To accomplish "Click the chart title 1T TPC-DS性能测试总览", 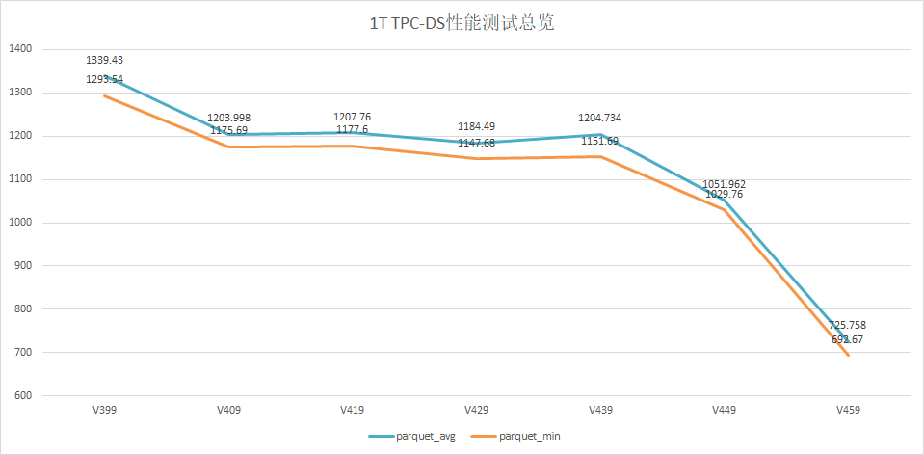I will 462,23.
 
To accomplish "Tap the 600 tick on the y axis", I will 23,396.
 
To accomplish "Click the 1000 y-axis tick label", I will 20,223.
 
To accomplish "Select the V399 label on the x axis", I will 105,410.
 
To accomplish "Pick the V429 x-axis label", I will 476,410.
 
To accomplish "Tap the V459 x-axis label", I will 848,410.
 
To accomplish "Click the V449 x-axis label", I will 725,410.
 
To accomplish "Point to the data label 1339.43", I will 105,60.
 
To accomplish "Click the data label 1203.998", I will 228,118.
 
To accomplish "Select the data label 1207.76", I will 352,117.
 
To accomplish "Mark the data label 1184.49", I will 476,126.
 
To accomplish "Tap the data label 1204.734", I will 599,118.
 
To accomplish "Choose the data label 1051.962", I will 725,183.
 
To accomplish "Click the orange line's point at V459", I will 848,356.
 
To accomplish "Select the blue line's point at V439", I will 600,134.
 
